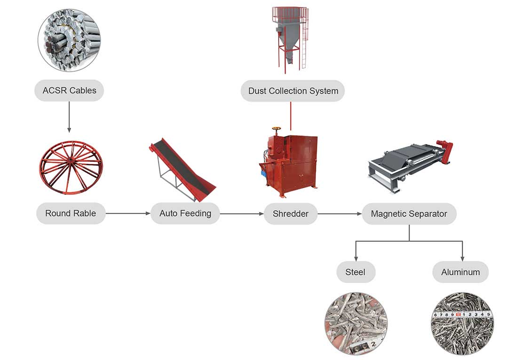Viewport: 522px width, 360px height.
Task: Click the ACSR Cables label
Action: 69,91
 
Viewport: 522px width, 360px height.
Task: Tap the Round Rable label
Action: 71,213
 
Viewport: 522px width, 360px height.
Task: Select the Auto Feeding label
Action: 185,213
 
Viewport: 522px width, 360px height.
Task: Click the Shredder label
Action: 291,214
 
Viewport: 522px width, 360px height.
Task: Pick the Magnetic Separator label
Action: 409,214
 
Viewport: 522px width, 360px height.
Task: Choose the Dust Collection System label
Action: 293,91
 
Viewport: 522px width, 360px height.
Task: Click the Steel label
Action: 355,272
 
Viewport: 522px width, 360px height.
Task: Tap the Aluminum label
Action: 460,272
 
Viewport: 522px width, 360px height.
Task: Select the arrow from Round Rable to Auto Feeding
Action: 127,213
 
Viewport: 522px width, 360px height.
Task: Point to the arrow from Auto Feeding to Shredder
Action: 242,214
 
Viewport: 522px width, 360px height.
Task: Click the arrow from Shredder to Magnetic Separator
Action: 339,214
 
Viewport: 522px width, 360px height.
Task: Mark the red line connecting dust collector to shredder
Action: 291,116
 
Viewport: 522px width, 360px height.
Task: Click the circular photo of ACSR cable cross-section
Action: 69,39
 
